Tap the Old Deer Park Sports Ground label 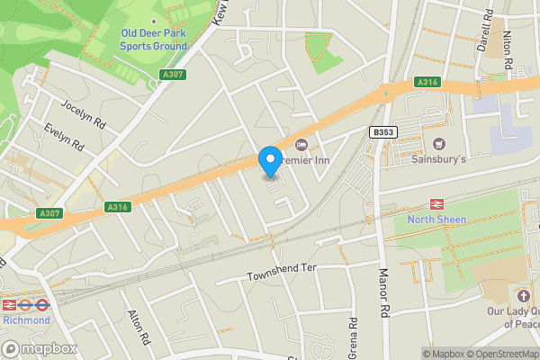pos(154,40)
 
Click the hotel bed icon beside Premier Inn pos(301,145)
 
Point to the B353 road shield pos(383,132)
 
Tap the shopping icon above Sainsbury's pos(439,144)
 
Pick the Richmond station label pos(25,318)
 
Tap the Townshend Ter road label pos(283,273)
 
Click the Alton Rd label pos(137,328)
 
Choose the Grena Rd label pos(354,337)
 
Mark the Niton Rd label pos(508,52)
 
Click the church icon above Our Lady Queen pos(525,295)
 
